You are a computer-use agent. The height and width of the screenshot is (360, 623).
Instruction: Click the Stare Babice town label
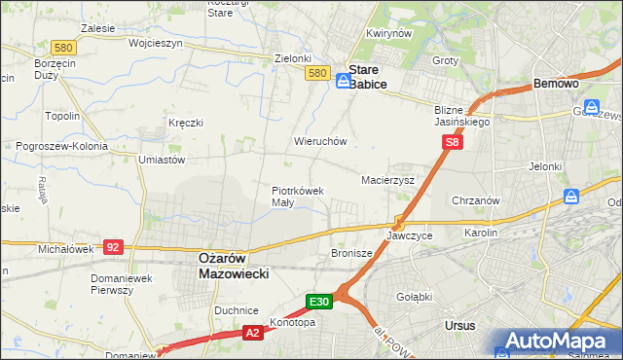pyautogui.click(x=368, y=78)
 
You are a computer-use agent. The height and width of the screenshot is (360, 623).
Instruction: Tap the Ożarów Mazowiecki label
pyautogui.click(x=227, y=266)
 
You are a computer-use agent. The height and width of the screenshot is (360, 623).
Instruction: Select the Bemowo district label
pyautogui.click(x=557, y=85)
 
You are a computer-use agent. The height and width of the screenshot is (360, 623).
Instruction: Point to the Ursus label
pyautogui.click(x=458, y=325)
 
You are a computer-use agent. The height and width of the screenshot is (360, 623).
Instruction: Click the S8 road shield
pyautogui.click(x=452, y=142)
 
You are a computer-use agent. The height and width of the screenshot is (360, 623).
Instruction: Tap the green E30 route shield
pyautogui.click(x=321, y=302)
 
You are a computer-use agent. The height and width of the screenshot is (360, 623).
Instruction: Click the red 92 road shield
pyautogui.click(x=112, y=247)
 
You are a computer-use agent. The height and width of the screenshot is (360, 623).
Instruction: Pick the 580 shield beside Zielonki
pyautogui.click(x=315, y=73)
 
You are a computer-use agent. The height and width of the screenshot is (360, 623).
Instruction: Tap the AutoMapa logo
pyautogui.click(x=559, y=341)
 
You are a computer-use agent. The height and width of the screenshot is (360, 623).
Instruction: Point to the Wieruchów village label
pyautogui.click(x=320, y=141)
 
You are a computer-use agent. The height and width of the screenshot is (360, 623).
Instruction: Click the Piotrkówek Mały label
pyautogui.click(x=297, y=197)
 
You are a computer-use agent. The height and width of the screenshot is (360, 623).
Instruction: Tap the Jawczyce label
pyautogui.click(x=409, y=235)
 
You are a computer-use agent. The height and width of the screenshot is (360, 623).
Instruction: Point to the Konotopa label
pyautogui.click(x=292, y=323)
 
